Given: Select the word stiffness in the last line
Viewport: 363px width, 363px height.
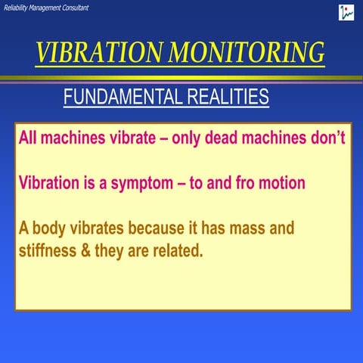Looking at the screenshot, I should point(46,250).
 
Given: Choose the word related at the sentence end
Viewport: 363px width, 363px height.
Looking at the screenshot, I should point(178,250).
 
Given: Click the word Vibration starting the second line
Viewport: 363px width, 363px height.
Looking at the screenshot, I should point(49,184).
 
